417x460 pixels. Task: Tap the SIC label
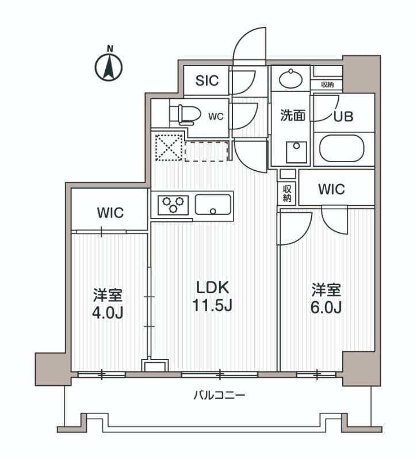click(x=206, y=80)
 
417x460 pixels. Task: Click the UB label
click(x=344, y=116)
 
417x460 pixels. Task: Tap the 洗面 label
click(x=292, y=116)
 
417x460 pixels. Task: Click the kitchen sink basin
click(x=213, y=204)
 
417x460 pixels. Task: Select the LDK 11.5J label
click(x=212, y=296)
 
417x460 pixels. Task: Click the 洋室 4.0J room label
click(x=108, y=304)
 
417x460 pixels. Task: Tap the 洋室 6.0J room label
click(x=327, y=298)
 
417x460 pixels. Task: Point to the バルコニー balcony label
click(x=219, y=396)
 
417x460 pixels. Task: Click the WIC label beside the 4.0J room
click(x=110, y=213)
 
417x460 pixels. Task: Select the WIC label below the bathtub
click(x=331, y=189)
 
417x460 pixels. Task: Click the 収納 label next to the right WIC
click(x=287, y=193)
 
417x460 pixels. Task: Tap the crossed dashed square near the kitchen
click(x=167, y=147)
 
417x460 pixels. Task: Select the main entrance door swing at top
click(x=250, y=46)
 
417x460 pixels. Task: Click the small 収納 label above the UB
click(x=327, y=85)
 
